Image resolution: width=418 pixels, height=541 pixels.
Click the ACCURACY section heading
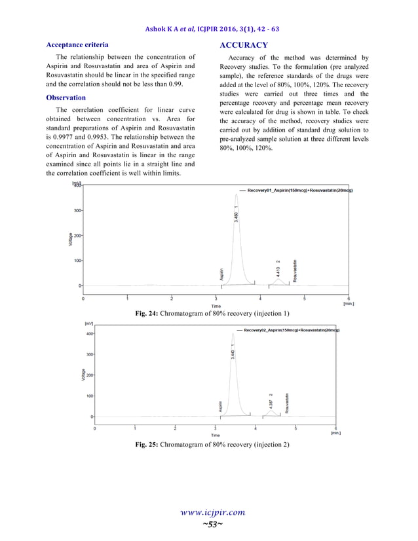[x=244, y=45]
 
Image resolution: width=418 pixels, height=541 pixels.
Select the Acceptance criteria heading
[x=77, y=45]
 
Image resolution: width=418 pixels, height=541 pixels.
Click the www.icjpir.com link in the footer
[x=209, y=512]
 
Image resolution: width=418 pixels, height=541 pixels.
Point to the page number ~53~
[x=209, y=525]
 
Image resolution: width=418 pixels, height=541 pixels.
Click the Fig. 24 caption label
[x=146, y=314]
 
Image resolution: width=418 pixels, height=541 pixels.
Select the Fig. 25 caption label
[x=146, y=445]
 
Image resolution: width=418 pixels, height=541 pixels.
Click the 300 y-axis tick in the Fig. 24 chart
[x=76, y=211]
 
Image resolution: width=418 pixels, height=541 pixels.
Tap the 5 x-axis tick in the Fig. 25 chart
[x=295, y=428]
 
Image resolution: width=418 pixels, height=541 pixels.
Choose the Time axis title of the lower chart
[x=215, y=435]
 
